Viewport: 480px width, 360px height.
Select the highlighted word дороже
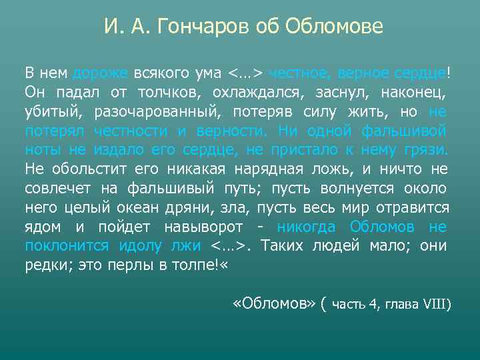(100, 73)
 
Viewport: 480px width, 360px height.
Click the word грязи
(428, 151)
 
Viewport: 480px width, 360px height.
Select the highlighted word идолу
(140, 245)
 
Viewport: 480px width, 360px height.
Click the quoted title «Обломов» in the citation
(273, 304)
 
